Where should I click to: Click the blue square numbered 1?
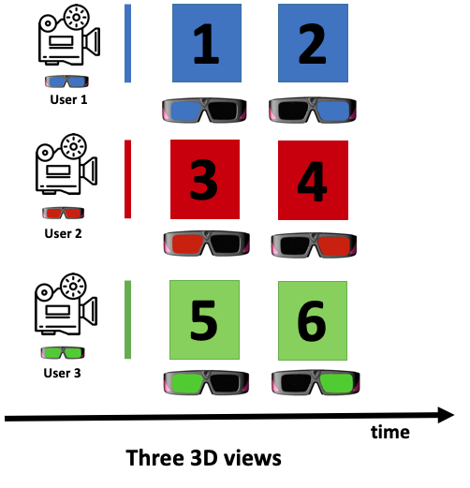coord(207,43)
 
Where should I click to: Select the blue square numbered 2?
coord(313,43)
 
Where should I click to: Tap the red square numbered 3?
coord(205,179)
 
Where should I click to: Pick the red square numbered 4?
coord(313,180)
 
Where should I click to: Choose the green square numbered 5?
coord(204,319)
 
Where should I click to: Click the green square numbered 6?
coord(313,320)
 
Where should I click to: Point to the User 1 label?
coord(68,99)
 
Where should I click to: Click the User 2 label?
coord(63,233)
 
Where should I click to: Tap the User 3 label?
coord(62,373)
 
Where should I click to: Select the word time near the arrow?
coord(390,433)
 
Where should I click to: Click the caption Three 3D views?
coord(203,458)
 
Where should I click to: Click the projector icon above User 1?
coord(69,35)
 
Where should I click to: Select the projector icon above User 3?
coord(66,303)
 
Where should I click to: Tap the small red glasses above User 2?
coord(64,213)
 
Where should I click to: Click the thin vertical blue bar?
coord(127,43)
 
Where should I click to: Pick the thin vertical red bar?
coord(127,179)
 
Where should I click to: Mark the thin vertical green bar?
coord(127,319)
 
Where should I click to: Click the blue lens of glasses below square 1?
coord(185,110)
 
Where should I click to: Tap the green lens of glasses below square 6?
coord(337,382)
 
